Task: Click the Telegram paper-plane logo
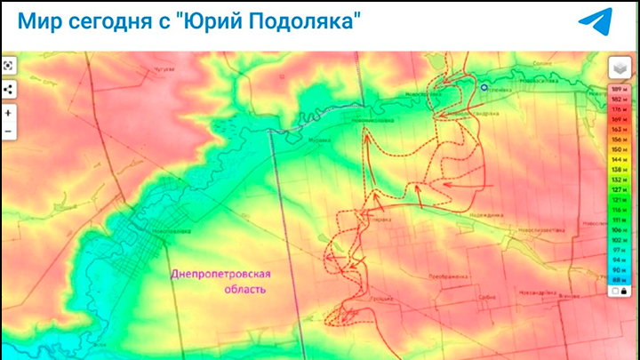[x=595, y=21]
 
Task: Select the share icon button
[x=8, y=89]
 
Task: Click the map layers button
[x=619, y=68]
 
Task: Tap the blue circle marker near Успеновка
[x=484, y=88]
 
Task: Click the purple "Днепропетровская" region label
[x=221, y=275]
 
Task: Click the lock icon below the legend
[x=624, y=291]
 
